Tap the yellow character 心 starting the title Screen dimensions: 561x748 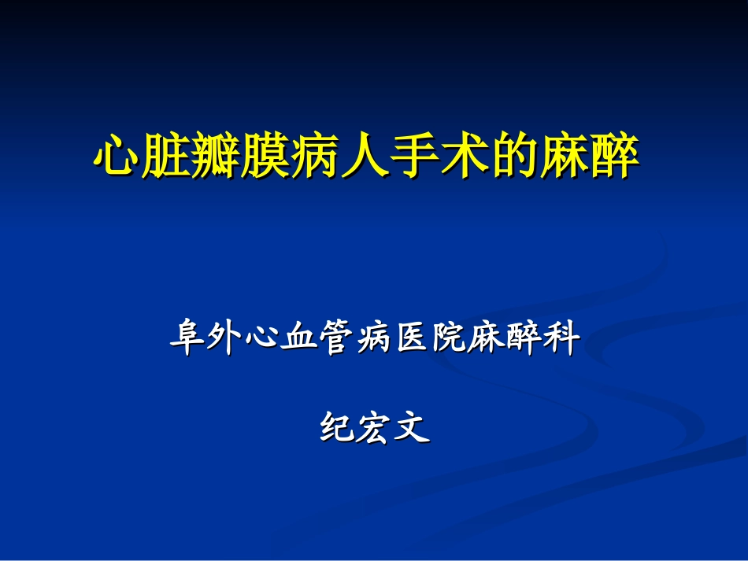(117, 157)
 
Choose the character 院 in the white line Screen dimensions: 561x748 (452, 339)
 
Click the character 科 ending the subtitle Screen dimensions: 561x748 (565, 339)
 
